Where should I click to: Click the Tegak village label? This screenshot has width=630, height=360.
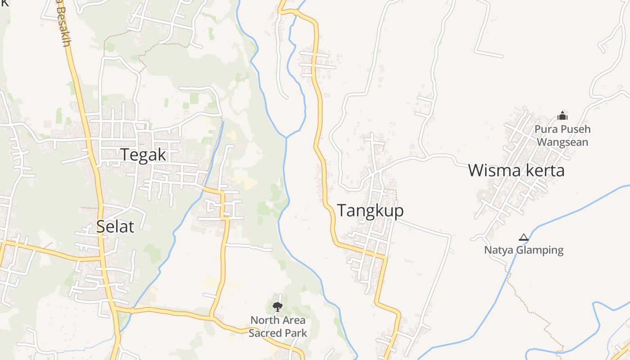[143, 155]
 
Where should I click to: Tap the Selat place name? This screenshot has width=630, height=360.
[115, 227]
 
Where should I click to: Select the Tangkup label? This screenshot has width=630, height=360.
[370, 211]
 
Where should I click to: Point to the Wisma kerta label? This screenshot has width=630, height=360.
[516, 171]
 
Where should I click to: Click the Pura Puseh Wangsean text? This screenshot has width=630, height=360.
[562, 135]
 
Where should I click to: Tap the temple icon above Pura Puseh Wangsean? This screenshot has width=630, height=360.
[562, 116]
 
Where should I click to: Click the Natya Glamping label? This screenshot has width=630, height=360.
[524, 250]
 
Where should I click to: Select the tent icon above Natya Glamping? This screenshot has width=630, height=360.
[523, 237]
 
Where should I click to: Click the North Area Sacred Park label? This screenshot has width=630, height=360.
[278, 327]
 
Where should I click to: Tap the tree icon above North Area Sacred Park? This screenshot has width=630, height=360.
[278, 307]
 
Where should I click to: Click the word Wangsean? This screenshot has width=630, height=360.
[562, 142]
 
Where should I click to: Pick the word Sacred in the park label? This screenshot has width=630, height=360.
[264, 333]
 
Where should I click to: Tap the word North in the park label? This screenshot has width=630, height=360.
[263, 320]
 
